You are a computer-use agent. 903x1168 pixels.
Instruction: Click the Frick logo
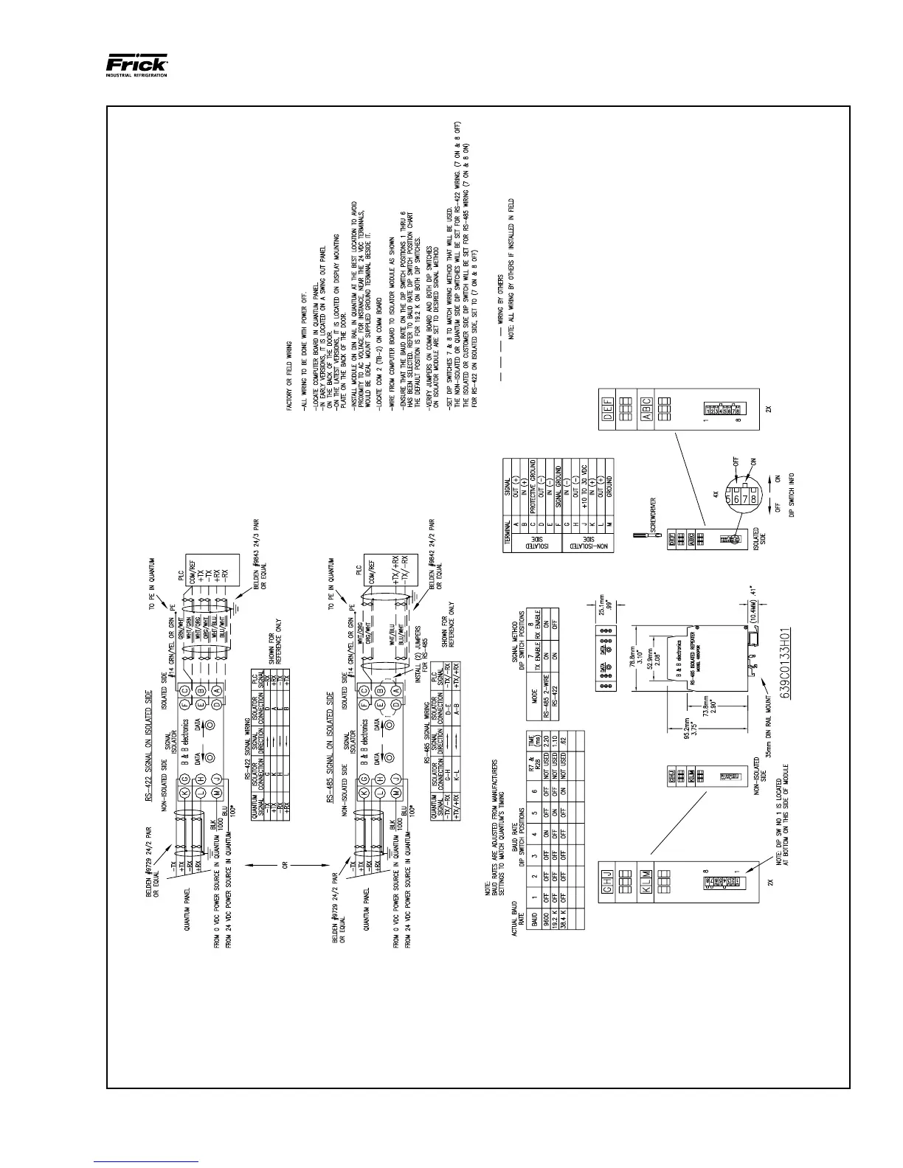click(136, 66)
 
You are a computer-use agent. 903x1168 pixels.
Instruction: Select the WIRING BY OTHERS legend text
click(500, 299)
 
